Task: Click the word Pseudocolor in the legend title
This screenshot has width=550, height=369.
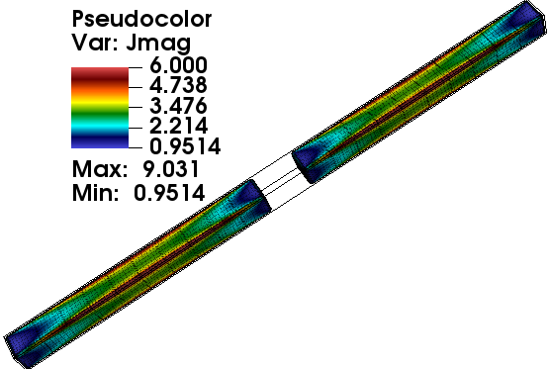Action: tap(141, 20)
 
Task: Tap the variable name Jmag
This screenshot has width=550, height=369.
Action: tap(158, 44)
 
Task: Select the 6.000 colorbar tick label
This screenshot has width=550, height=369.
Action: tap(178, 65)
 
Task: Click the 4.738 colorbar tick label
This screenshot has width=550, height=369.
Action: tap(178, 85)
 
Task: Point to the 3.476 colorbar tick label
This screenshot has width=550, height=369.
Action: tap(178, 106)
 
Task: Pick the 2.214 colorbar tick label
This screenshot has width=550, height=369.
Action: tap(178, 126)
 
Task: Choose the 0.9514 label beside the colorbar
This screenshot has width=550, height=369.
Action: tap(185, 146)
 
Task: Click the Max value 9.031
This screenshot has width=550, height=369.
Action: tap(171, 169)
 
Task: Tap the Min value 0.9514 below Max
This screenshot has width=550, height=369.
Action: tap(169, 193)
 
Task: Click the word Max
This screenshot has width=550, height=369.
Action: tap(100, 169)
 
